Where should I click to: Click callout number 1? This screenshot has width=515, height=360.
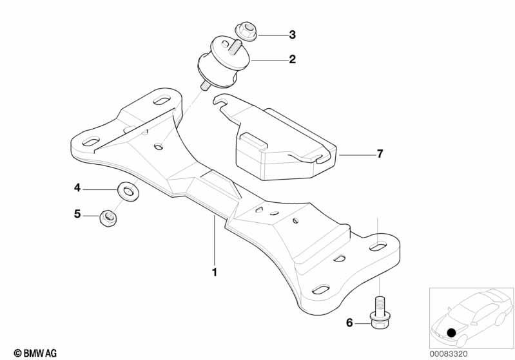[215, 272]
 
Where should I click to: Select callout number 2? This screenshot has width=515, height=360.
[293, 59]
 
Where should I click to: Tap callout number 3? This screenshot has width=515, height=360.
[293, 35]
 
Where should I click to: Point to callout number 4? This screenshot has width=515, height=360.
[77, 187]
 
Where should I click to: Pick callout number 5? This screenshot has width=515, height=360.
[77, 214]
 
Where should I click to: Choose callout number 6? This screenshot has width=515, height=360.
[349, 323]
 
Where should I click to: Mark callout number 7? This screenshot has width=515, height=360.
[380, 153]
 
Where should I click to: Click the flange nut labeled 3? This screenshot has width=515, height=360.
[246, 32]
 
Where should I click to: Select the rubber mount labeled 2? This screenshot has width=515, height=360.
[224, 63]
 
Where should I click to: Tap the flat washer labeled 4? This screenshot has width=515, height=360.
[128, 191]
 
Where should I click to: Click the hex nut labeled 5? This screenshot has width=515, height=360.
[108, 217]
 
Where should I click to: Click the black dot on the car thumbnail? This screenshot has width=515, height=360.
[452, 333]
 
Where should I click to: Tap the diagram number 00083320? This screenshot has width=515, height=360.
[449, 354]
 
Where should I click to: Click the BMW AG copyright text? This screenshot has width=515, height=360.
[35, 353]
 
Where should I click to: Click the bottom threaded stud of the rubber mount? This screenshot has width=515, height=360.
[205, 85]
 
